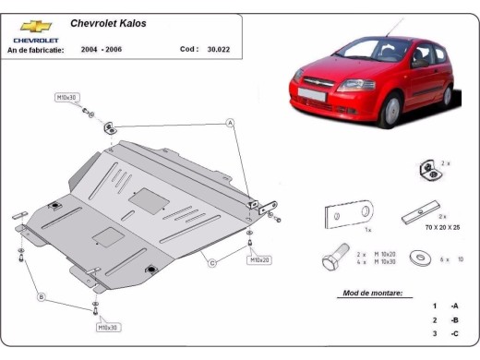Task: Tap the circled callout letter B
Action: pos(41,296)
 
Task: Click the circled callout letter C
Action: pos(211,264)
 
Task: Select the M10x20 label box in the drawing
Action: pos(260,260)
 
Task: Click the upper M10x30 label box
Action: pos(67,96)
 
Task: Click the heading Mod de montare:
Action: pos(371,293)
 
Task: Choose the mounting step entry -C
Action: pos(454,334)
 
